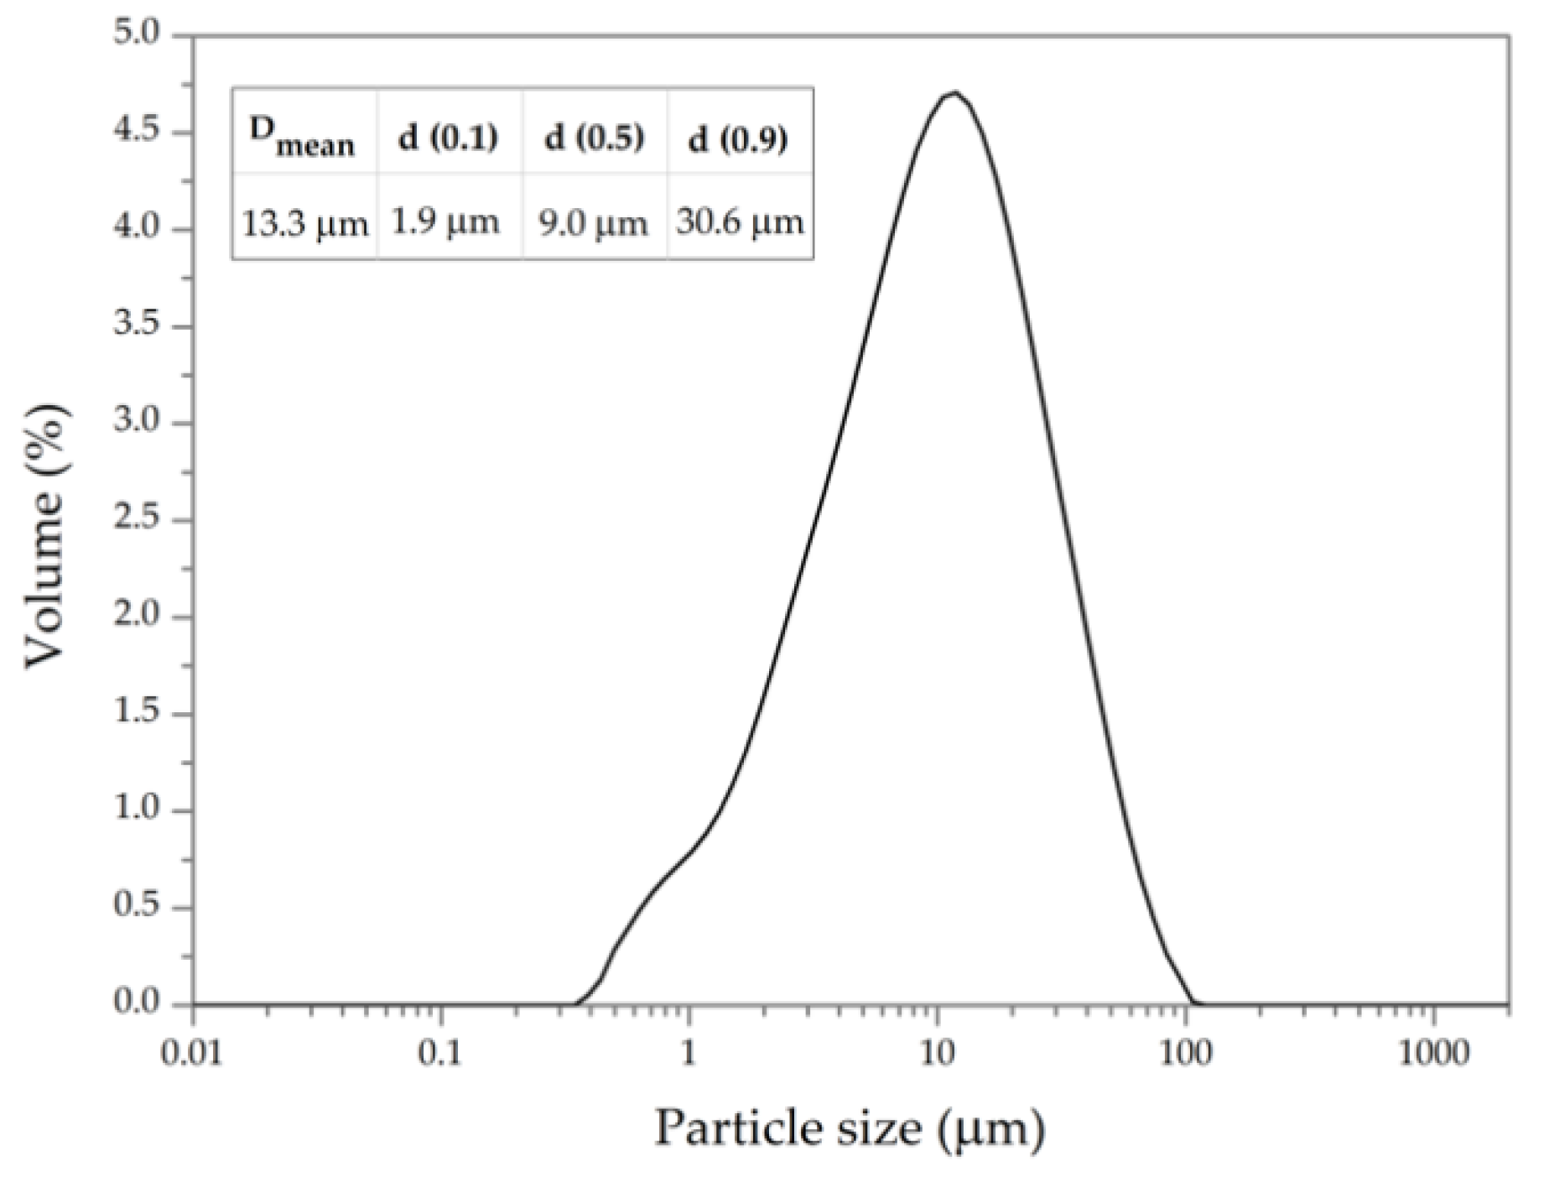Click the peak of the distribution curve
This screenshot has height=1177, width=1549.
point(954,92)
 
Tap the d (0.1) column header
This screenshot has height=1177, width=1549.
point(448,137)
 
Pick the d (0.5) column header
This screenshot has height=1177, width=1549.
point(595,137)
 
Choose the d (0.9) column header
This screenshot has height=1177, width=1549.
point(739,138)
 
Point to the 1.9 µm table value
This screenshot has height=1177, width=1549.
point(445,221)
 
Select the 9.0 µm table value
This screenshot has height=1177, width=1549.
point(594,223)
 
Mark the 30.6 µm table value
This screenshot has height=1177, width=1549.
point(740,222)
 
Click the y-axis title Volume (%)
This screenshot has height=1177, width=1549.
point(46,537)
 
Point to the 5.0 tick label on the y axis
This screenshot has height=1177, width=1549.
point(136,35)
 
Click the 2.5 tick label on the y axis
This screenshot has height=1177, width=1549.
point(136,520)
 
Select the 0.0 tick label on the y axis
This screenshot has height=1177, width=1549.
point(136,1003)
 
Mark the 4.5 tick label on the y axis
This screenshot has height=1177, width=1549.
point(136,133)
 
